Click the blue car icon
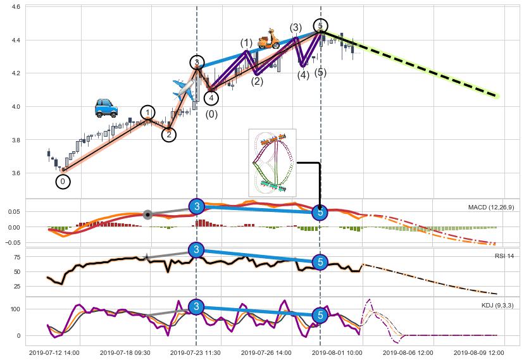click(106, 108)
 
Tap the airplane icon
click(184, 89)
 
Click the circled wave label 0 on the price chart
click(63, 182)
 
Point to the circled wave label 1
click(147, 113)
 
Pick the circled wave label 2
click(168, 134)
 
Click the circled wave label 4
click(211, 98)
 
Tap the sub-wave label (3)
click(296, 28)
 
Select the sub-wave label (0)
click(211, 115)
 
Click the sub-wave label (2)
click(256, 81)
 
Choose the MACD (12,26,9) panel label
click(491, 208)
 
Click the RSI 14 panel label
click(504, 256)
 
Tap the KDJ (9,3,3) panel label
click(497, 305)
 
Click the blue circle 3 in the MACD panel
click(197, 207)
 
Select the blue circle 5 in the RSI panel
click(320, 261)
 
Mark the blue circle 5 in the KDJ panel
click(320, 314)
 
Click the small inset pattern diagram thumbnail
click(272, 163)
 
